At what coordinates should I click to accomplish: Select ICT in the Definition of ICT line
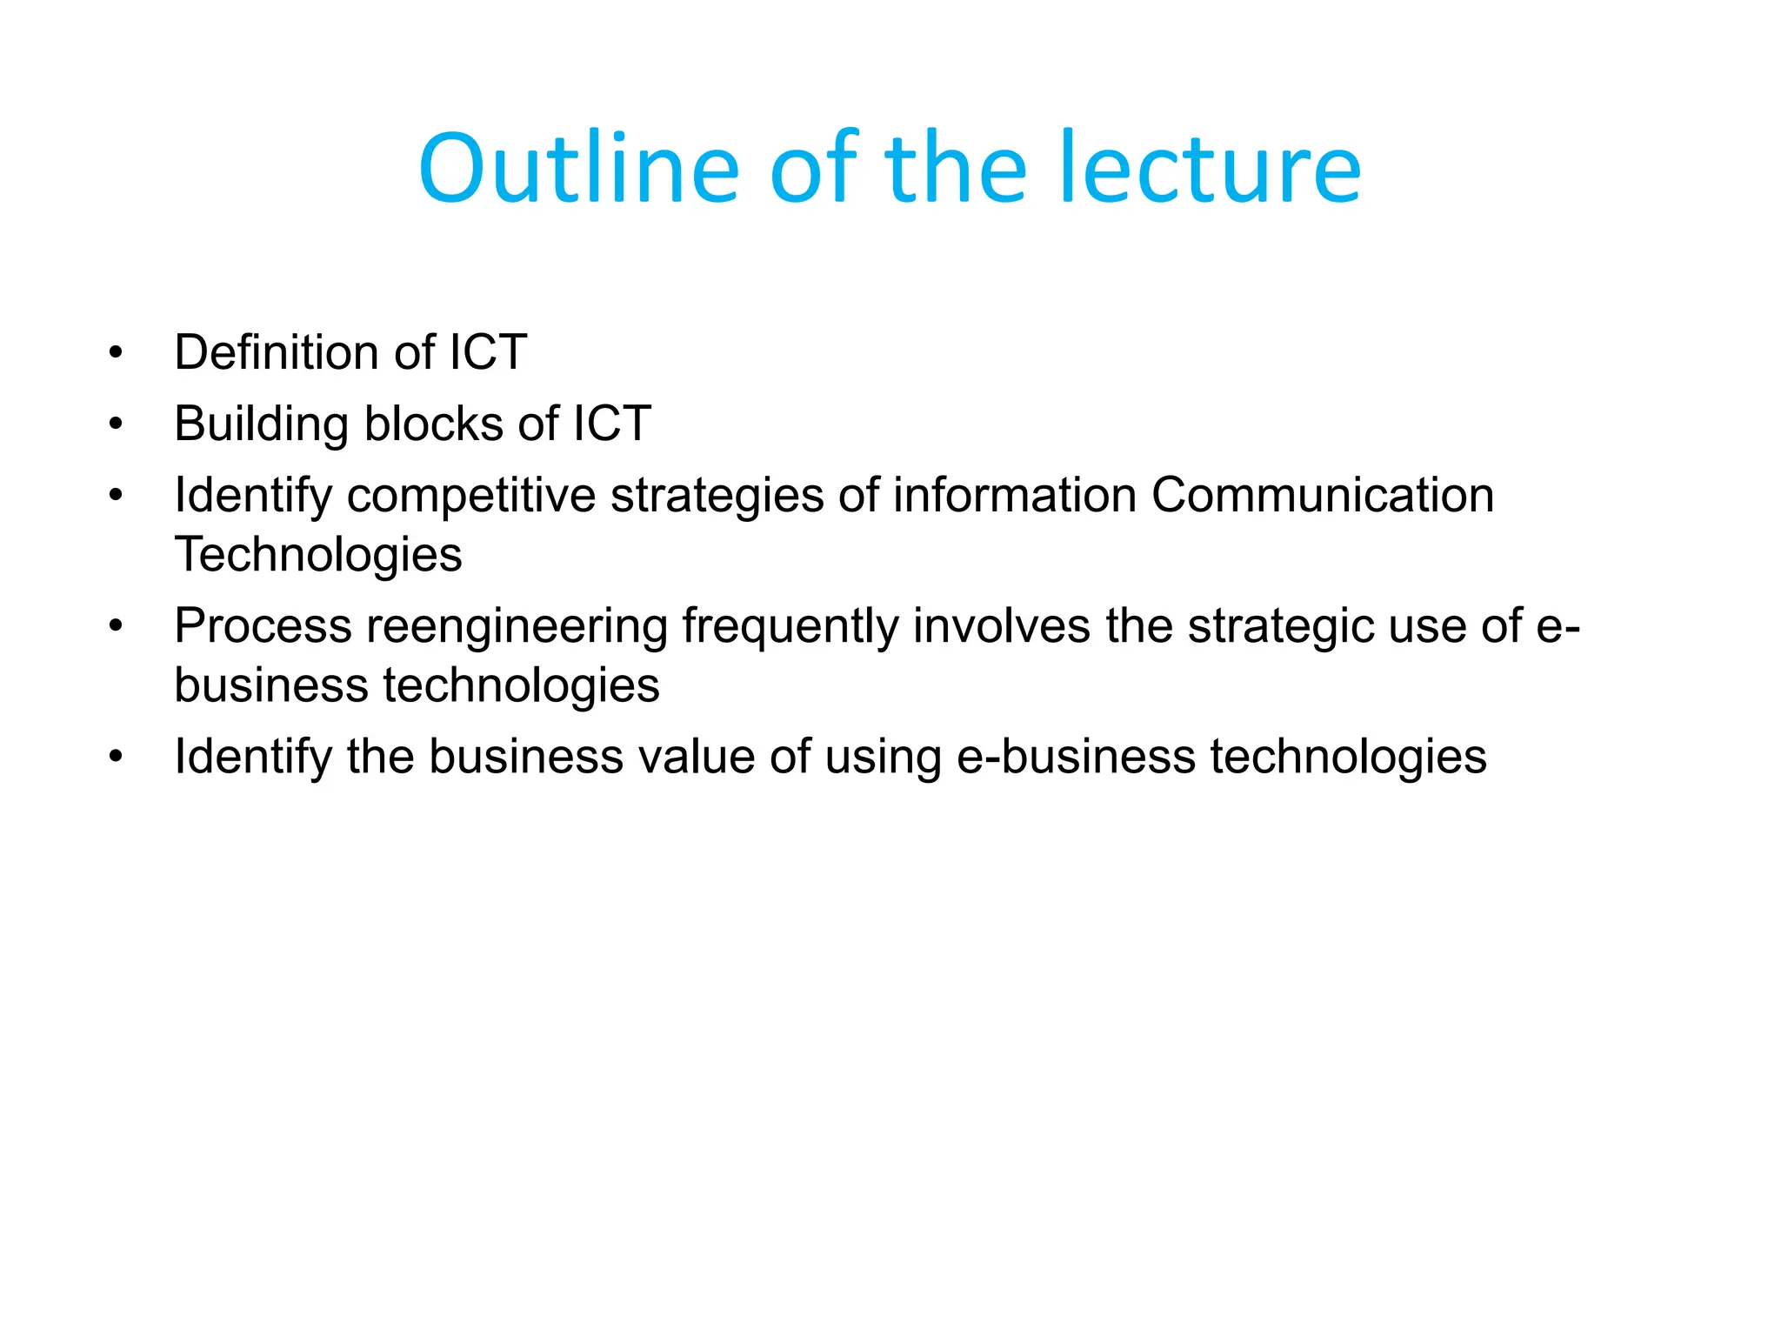point(488,352)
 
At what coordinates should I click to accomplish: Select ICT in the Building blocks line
point(612,424)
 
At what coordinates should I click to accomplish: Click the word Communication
point(1322,496)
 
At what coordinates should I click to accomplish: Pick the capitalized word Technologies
point(318,554)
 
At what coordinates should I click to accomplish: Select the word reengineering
point(517,627)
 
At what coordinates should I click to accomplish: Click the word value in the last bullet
point(696,756)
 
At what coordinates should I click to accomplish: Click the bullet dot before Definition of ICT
point(116,353)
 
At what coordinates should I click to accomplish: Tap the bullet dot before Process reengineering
point(116,626)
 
